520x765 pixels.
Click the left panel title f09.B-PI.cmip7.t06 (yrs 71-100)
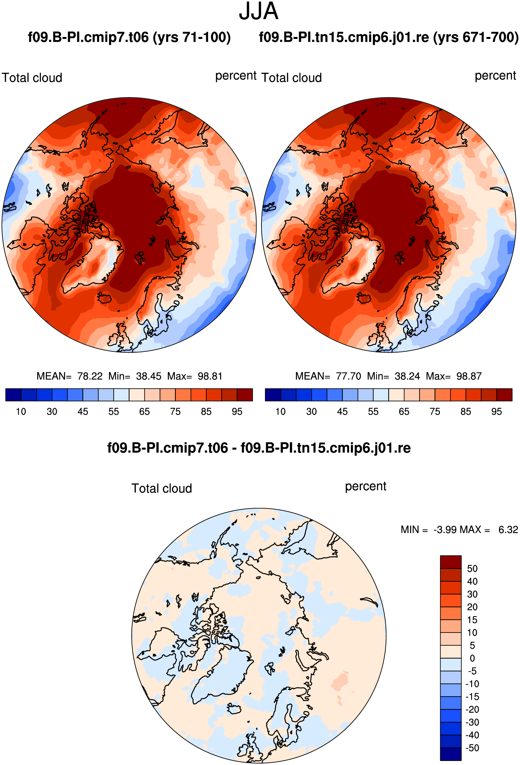[x=129, y=37]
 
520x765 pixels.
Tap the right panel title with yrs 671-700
[x=389, y=37]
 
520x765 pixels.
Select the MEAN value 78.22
[x=90, y=376]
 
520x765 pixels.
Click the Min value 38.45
[x=149, y=376]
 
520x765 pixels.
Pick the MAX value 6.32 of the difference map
[x=508, y=530]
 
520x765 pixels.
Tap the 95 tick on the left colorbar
[x=237, y=411]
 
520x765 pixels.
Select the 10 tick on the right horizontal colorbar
[x=280, y=411]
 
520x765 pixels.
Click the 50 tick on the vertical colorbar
[x=472, y=568]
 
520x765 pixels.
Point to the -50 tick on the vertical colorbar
[x=472, y=748]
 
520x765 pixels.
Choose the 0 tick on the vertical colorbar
[x=472, y=658]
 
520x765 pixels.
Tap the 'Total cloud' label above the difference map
[x=162, y=488]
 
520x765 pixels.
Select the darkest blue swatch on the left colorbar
[x=13, y=395]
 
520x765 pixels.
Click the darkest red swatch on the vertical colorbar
[x=451, y=562]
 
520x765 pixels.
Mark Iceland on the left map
[x=105, y=299]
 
